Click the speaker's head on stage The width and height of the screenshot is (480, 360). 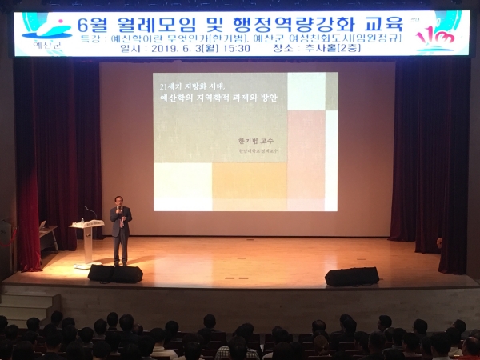click(x=120, y=201)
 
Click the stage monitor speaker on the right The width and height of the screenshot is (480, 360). click(x=351, y=276)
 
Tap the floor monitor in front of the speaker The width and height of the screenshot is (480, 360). click(x=115, y=274)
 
